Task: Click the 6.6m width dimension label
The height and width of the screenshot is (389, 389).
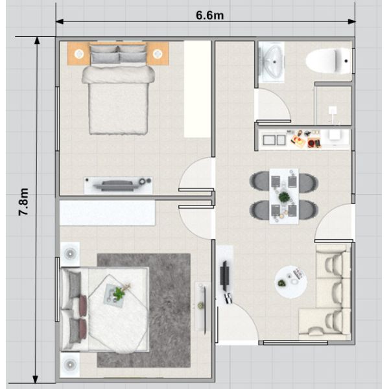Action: (209, 16)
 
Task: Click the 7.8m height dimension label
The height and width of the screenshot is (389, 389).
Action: (24, 202)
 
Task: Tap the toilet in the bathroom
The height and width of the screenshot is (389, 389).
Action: (328, 61)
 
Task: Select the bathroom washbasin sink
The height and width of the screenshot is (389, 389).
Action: (272, 62)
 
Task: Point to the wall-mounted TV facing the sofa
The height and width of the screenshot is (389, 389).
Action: (224, 276)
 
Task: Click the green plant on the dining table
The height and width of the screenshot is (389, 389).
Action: (284, 197)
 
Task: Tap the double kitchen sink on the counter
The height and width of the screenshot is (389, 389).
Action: (274, 140)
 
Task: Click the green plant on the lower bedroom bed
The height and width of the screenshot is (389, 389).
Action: (119, 293)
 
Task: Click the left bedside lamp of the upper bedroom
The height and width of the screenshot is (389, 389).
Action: (79, 54)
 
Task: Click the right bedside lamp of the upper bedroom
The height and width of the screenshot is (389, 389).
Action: (158, 54)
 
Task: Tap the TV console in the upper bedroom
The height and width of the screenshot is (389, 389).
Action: (118, 185)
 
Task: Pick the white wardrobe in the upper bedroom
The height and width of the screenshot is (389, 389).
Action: (197, 89)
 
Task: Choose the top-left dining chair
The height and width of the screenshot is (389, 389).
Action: (260, 182)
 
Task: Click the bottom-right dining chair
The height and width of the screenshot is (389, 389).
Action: (308, 210)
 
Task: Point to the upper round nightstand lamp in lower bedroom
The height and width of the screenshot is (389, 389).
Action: (70, 253)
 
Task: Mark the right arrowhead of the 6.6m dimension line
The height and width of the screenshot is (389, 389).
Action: (351, 22)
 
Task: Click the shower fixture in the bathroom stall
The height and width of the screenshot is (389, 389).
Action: (333, 111)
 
